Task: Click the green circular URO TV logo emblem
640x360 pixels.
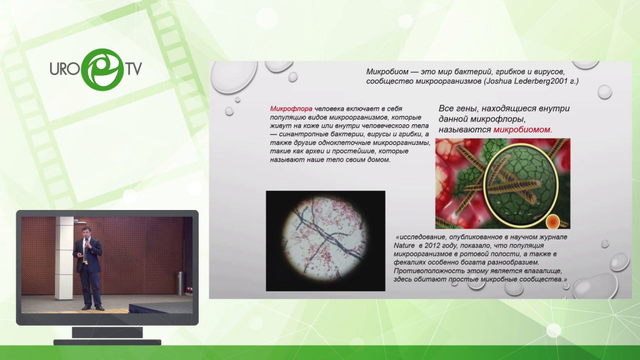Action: pos(102,69)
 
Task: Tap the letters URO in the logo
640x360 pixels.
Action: pos(65,69)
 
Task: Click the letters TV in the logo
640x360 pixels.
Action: pos(134,69)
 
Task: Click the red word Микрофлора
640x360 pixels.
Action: pos(291,109)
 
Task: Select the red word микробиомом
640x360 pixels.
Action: pos(522,130)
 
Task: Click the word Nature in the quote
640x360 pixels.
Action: pos(404,245)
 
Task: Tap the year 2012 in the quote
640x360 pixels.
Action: pos(432,245)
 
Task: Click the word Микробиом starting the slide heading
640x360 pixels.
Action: pos(386,72)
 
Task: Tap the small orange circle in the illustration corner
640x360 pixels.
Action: pos(552,222)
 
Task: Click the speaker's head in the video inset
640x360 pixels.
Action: pos(86,231)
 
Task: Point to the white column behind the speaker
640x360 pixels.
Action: pos(64,258)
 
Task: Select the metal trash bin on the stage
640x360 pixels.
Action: pos(181,283)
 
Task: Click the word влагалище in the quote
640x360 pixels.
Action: pos(542,271)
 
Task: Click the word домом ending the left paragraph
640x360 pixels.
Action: pos(379,159)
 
